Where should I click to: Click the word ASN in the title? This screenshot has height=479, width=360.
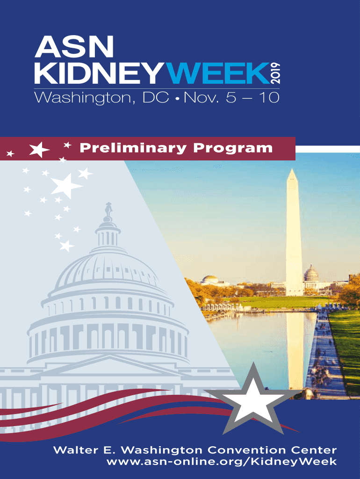point(74,47)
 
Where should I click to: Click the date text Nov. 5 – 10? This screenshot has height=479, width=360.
point(231,98)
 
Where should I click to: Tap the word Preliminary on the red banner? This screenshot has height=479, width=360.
point(133,148)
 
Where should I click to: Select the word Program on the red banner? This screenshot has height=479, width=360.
point(233,149)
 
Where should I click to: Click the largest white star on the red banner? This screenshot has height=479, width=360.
point(39,149)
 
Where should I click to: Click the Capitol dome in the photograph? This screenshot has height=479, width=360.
point(311,273)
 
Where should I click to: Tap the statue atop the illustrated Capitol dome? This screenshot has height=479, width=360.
point(108,210)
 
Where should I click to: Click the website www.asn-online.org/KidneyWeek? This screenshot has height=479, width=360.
point(222,461)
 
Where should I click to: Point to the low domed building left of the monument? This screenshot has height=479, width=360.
point(211,280)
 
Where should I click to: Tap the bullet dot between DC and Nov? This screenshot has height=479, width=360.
point(176,99)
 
